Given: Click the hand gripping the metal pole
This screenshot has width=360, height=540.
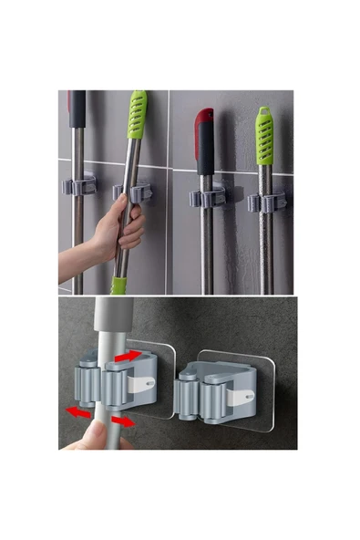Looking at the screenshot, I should (x=123, y=229).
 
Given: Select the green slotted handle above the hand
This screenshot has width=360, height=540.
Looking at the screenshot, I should (x=138, y=128).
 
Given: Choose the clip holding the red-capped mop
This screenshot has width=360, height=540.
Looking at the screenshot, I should (x=206, y=197).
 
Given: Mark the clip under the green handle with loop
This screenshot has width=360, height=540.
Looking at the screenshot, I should (x=266, y=201).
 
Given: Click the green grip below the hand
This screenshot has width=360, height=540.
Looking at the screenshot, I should (x=118, y=284).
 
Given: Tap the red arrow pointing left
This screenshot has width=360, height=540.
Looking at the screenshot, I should (x=80, y=413).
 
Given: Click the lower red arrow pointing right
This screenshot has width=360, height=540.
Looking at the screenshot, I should (x=124, y=421).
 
